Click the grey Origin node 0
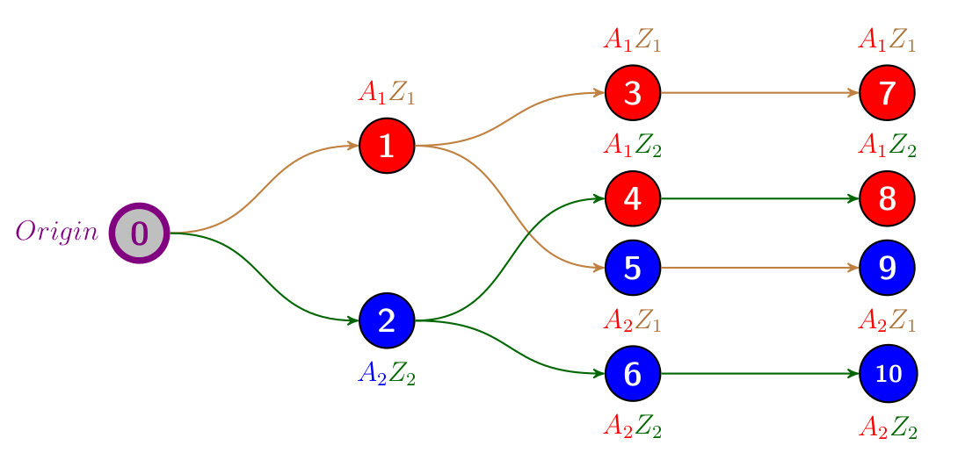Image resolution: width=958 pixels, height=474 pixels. point(139,233)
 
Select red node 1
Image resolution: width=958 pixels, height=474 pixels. point(387,146)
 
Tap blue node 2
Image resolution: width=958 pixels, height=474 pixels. point(387,320)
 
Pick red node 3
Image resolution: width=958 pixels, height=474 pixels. point(633,93)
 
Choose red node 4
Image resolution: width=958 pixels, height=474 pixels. point(633,198)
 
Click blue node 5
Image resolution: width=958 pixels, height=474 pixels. point(633,268)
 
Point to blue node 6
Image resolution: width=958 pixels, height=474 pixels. point(633,373)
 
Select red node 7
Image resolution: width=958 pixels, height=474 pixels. point(888,93)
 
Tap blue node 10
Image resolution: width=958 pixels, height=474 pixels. point(888,373)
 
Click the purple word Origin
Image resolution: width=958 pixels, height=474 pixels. point(57,232)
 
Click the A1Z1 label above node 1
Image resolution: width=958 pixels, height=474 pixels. point(387,92)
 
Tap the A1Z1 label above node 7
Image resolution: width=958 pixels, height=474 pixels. point(888,40)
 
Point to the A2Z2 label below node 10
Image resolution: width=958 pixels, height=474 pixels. point(888,428)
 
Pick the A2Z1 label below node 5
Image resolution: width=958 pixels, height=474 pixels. point(633,321)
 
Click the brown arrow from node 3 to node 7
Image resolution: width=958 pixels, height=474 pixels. point(760,92)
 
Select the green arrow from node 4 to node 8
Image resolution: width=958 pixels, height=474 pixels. point(760,198)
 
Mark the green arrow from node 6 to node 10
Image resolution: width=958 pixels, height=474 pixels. point(760,373)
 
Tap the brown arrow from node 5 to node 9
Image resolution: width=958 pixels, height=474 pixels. point(760,268)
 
